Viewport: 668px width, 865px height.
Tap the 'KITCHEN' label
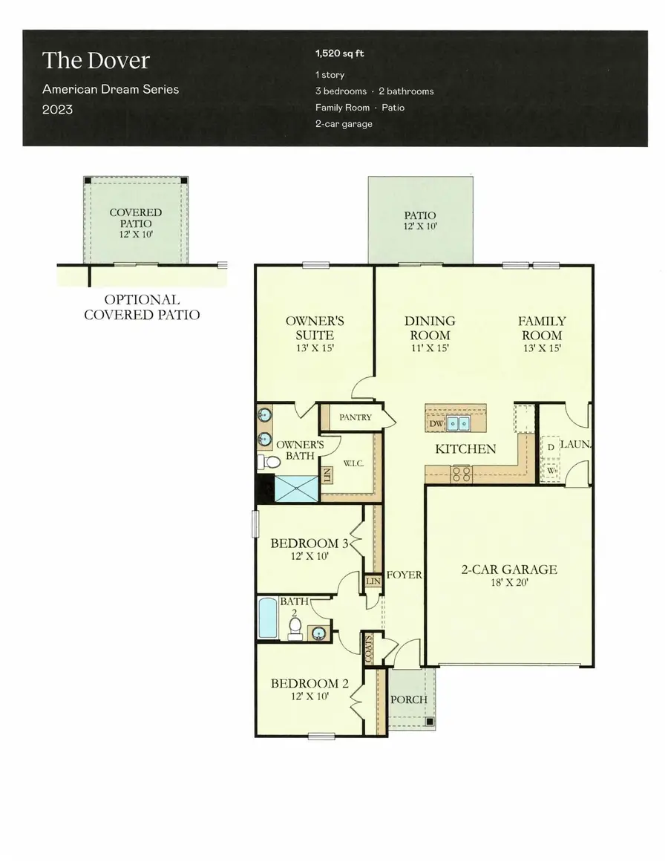tap(465, 449)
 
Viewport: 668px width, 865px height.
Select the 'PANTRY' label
tap(355, 417)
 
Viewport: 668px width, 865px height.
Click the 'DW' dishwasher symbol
tap(436, 424)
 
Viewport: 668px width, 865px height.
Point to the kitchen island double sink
tap(459, 424)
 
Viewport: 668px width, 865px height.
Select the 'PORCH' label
tap(408, 699)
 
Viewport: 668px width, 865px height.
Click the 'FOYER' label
tap(405, 575)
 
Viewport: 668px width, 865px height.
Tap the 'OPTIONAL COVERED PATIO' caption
tap(142, 307)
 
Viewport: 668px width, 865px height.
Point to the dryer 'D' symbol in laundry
tap(550, 448)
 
